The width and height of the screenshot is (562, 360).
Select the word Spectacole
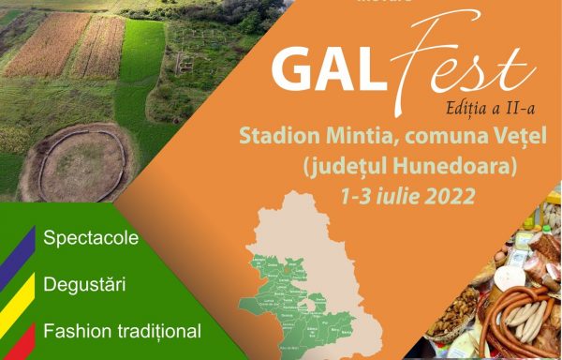tap(91, 237)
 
